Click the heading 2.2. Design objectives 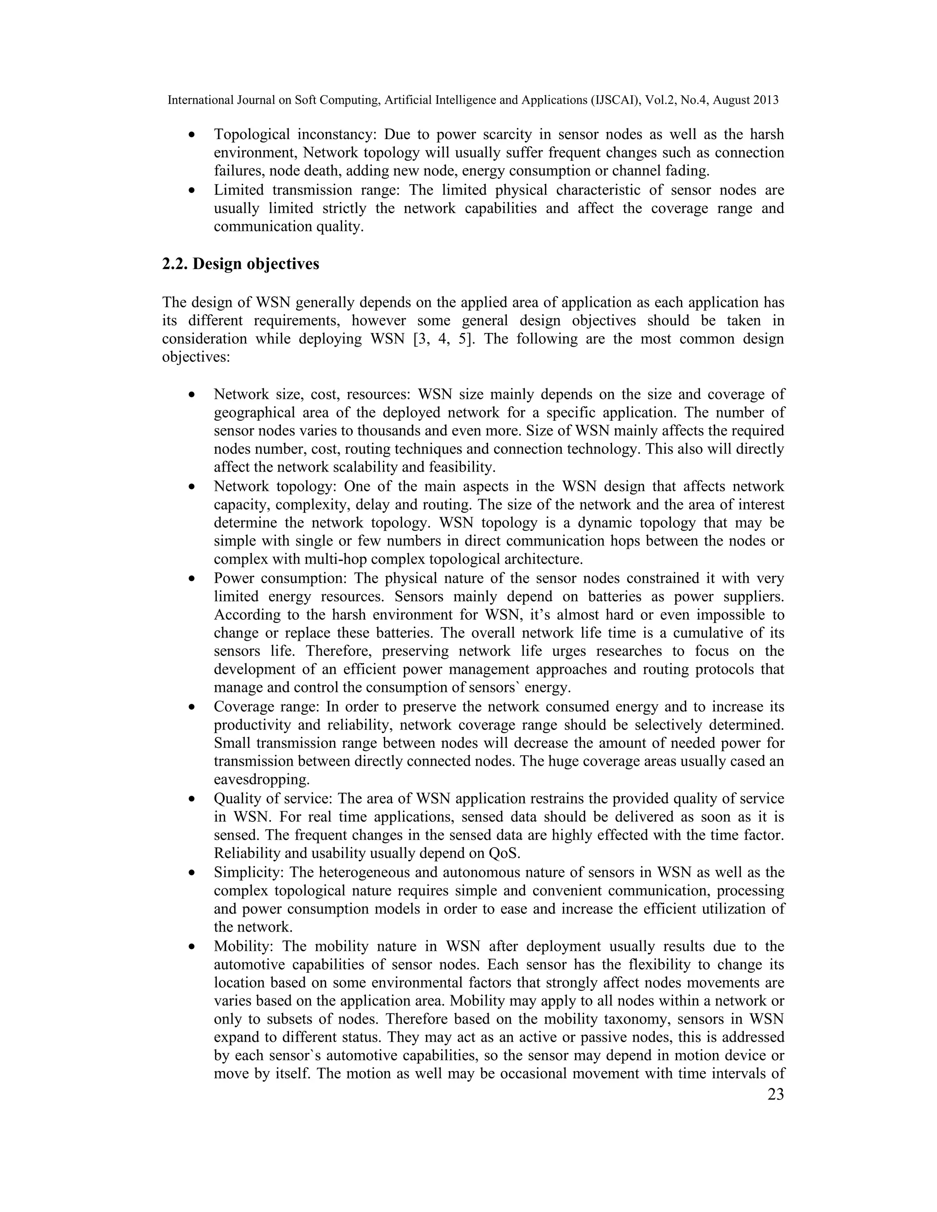[240, 263]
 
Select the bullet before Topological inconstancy [192, 135]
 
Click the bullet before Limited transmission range [192, 191]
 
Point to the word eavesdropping [261, 779]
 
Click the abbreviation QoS [504, 853]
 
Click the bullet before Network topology [192, 487]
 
